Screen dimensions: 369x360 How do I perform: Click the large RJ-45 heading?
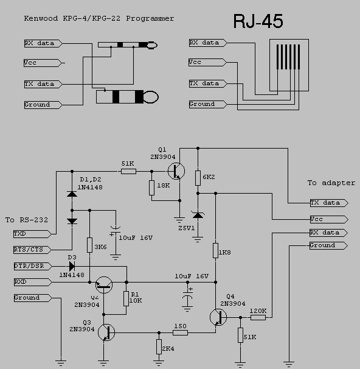pos(258,21)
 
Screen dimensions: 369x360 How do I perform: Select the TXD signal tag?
pos(28,234)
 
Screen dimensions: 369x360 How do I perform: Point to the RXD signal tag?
pos(28,282)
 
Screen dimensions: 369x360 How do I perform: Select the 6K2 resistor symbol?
pos(198,178)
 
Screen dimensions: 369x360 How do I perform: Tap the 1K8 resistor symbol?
pos(215,250)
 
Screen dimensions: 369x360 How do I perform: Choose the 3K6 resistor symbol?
pos(89,245)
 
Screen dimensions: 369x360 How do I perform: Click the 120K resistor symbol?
pos(258,317)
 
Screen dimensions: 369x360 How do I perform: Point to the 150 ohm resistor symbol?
pos(179,332)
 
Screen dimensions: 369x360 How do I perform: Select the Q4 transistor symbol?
pos(218,317)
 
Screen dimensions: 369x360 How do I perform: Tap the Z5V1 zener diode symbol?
pos(198,215)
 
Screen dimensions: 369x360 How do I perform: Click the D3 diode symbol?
pos(72,266)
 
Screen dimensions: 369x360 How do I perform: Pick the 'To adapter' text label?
pos(331,183)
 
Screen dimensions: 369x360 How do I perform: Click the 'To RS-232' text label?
pos(26,220)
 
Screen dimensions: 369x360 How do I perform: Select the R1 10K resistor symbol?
pos(126,298)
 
